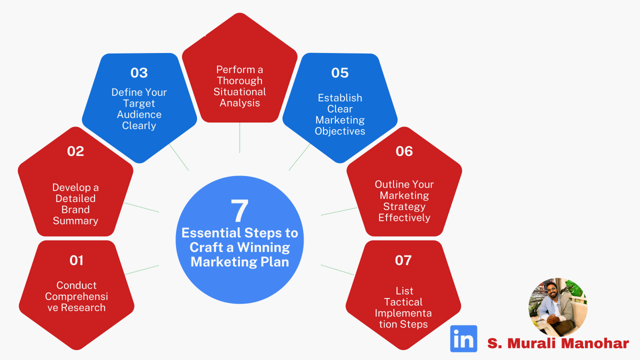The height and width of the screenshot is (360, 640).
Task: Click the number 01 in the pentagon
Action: [x=76, y=260]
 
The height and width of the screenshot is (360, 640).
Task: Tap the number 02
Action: [x=75, y=151]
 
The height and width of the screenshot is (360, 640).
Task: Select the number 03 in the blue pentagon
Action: [x=139, y=73]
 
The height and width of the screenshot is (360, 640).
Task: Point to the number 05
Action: [x=339, y=73]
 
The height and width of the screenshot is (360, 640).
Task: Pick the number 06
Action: [x=404, y=151]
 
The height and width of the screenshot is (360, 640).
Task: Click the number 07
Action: [x=403, y=260]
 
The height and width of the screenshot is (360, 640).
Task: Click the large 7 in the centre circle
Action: [x=239, y=210]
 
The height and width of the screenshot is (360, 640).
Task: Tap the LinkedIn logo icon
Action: [x=463, y=338]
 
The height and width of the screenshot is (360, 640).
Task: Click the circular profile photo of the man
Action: [x=558, y=307]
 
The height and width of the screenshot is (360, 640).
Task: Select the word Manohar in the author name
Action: [x=597, y=343]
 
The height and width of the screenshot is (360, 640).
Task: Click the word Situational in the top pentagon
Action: [x=239, y=91]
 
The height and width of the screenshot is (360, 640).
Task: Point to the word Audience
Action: [x=139, y=114]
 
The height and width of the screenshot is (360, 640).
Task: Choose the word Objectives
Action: [x=339, y=131]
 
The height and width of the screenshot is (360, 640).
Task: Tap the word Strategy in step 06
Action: [x=404, y=206]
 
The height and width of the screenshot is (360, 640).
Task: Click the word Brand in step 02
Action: [x=75, y=209]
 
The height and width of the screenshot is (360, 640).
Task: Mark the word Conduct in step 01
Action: [x=76, y=285]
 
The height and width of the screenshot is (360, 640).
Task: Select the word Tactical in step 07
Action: [x=403, y=302]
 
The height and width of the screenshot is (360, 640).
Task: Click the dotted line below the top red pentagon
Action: [x=239, y=137]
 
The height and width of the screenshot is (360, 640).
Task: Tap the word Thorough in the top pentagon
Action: [x=239, y=81]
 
